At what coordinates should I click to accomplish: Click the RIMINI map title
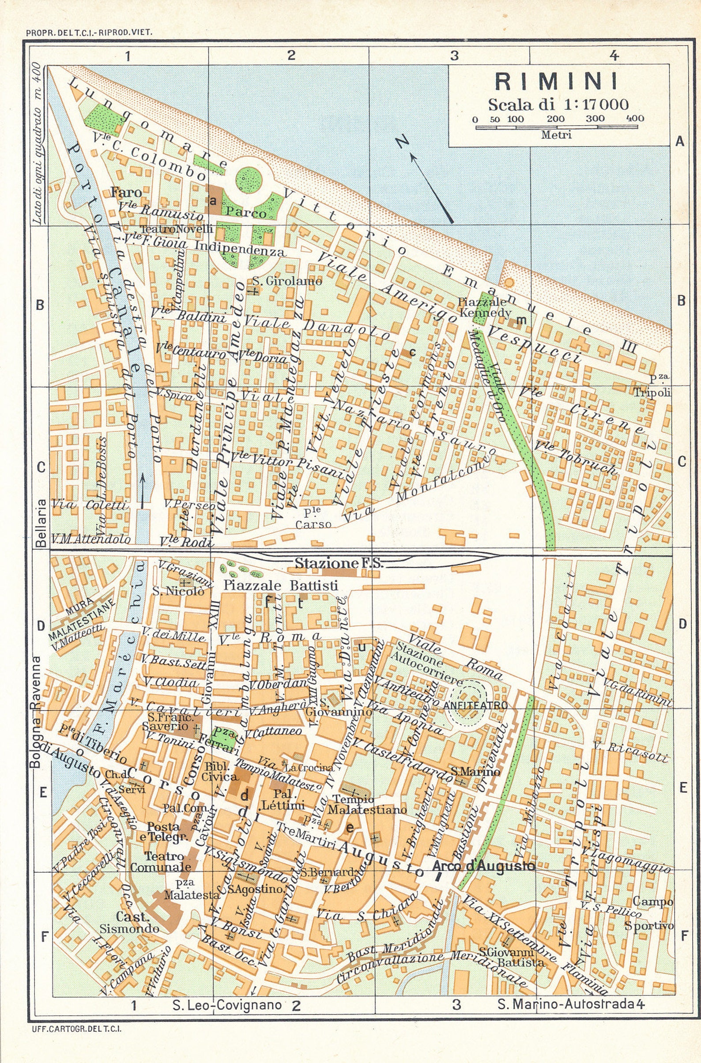click(x=557, y=81)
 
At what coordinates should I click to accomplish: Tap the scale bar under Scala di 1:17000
click(x=557, y=127)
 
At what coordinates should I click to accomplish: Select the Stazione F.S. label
click(x=339, y=563)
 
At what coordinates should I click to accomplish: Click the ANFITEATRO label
click(x=476, y=705)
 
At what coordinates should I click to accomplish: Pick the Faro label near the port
click(x=126, y=192)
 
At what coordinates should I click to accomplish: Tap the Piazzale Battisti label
click(x=280, y=585)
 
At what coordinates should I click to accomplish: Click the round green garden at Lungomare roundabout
click(x=249, y=179)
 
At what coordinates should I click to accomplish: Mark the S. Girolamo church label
click(x=286, y=281)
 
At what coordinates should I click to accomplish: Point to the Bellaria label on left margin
click(x=41, y=523)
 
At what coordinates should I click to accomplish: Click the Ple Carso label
click(x=313, y=519)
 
